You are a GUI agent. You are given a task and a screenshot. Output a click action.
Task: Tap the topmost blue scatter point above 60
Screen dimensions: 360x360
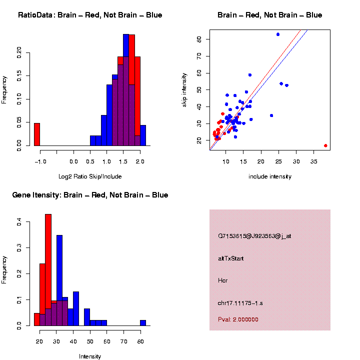tap(278, 34)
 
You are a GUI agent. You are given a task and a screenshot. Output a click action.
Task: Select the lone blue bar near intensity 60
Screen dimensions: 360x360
tap(143, 323)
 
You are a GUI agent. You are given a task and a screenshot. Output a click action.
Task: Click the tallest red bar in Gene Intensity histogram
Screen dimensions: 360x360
tap(48, 270)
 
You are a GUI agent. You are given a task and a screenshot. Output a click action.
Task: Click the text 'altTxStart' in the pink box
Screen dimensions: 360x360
tap(231, 258)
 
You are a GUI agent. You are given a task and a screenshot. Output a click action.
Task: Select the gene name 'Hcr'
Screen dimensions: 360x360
tap(223, 280)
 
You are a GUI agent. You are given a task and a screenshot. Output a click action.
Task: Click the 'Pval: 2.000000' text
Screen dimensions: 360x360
tap(238, 319)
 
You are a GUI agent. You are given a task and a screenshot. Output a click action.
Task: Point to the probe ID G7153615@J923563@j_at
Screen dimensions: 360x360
tap(254, 236)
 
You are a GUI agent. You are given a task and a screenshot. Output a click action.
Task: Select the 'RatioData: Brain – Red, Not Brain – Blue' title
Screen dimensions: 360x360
tap(90, 15)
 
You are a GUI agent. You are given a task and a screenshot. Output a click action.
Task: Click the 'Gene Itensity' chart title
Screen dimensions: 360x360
tap(90, 195)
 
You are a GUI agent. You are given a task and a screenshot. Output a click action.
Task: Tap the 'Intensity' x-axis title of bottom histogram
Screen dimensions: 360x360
tap(90, 356)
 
